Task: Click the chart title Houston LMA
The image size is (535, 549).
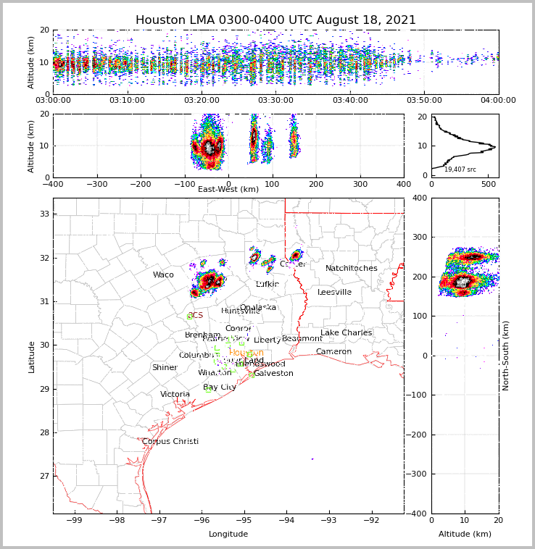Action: coord(275,20)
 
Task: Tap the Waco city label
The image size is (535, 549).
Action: coord(163,275)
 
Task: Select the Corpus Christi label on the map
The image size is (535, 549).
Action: coord(170,442)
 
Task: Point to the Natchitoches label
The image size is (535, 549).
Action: coord(352,269)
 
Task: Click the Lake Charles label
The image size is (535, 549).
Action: coord(346,333)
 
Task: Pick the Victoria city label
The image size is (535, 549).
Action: coord(175,395)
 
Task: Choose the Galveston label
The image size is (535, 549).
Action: coord(273,374)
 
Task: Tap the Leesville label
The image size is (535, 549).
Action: coord(334,293)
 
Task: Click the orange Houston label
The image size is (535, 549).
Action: coord(246,353)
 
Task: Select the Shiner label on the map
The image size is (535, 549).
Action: coord(165,368)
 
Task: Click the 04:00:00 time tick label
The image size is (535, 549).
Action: coord(498,101)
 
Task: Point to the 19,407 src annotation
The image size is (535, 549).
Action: coord(460,169)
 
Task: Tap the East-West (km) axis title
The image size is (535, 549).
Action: coord(228,190)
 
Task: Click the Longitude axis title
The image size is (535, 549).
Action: coord(228,535)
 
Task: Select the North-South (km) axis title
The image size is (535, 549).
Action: coord(507,356)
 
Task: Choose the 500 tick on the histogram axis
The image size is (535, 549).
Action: coord(489,185)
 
